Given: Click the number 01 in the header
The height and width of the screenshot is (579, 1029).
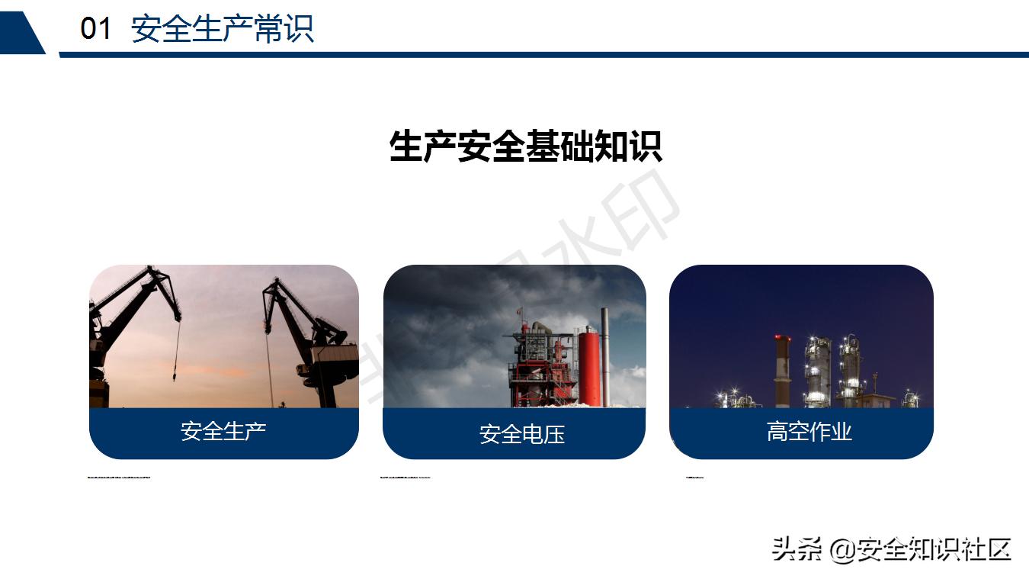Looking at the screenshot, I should (96, 29).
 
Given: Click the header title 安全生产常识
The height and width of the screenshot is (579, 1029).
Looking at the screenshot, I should (222, 29).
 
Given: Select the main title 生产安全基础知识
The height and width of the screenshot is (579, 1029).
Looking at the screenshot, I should (525, 146).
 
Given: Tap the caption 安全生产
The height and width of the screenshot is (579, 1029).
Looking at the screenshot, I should (223, 431).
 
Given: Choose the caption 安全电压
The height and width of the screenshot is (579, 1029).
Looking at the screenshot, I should (522, 434).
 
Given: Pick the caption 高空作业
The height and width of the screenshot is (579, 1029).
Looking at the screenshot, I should (809, 432).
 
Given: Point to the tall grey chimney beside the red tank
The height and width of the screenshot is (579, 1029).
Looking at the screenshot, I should (605, 355).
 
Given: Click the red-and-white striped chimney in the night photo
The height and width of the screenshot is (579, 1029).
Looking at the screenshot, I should (782, 370).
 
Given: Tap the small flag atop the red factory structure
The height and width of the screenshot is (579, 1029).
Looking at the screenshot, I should (519, 311).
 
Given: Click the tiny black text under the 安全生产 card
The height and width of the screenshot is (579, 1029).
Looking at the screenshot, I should (119, 478).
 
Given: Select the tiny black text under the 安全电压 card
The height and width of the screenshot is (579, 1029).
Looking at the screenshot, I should (405, 478).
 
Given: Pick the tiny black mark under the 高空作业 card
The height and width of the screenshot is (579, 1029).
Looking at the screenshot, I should (694, 478).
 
